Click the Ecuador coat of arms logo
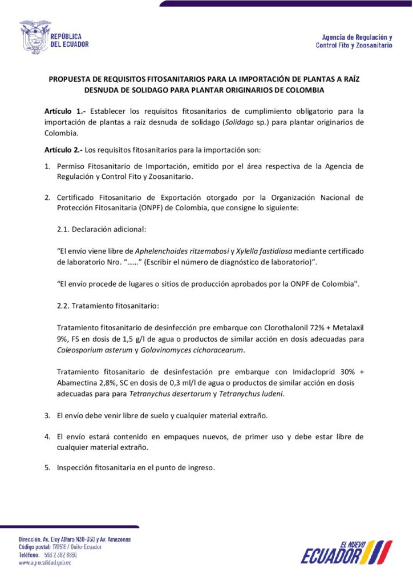click(x=35, y=38)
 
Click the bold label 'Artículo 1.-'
click(x=62, y=111)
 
